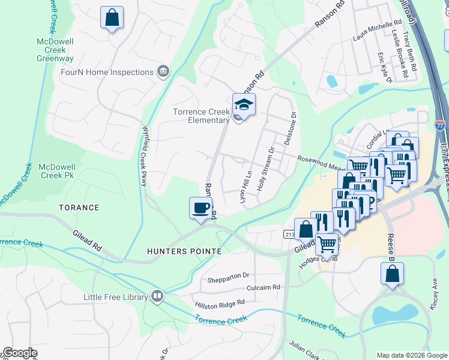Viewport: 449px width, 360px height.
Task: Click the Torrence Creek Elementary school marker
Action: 244,104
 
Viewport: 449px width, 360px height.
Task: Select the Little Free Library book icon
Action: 157,296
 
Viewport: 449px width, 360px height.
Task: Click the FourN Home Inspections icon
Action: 162,72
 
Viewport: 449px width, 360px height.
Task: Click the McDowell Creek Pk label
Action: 59,171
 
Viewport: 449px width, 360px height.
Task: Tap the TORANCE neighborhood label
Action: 79,208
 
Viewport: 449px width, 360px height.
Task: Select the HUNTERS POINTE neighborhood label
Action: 184,251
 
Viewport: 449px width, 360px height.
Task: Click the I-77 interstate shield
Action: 440,126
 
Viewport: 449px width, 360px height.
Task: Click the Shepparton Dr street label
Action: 228,275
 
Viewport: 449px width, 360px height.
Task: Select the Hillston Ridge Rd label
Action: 220,305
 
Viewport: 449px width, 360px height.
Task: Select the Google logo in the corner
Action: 20,352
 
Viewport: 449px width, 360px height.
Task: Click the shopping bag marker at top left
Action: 112,17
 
